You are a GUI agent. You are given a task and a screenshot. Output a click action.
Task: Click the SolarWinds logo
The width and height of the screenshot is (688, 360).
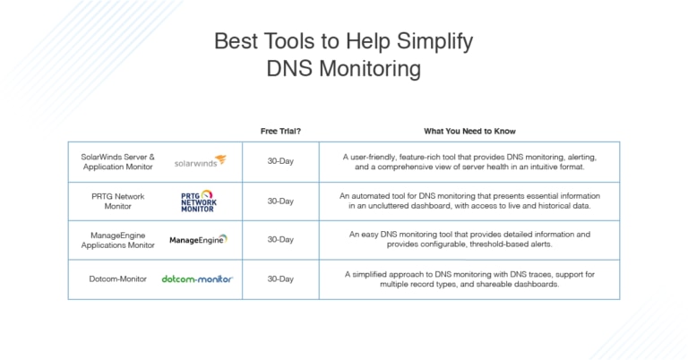click(200, 161)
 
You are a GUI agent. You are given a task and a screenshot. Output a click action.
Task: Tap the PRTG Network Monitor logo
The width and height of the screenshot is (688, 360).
click(198, 201)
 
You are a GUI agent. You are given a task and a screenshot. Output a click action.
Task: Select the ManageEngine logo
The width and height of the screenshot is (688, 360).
click(198, 239)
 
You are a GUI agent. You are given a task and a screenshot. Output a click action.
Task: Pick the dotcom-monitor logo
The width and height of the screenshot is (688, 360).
click(197, 279)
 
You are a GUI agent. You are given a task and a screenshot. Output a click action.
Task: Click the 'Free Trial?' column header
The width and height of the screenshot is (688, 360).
click(280, 131)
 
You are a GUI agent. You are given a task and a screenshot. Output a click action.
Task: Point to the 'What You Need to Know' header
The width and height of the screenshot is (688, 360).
click(469, 131)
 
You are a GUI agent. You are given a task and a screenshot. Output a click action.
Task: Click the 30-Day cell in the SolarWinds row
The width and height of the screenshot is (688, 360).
click(280, 161)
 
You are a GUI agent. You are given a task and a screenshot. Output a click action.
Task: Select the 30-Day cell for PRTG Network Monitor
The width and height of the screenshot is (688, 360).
click(280, 201)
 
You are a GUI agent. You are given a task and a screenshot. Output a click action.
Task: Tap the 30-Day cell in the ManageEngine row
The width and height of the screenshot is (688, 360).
click(280, 239)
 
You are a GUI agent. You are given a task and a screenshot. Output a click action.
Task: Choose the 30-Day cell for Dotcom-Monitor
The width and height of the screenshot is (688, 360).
click(280, 279)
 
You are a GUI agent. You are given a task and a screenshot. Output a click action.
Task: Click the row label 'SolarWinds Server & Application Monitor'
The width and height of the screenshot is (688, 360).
click(117, 161)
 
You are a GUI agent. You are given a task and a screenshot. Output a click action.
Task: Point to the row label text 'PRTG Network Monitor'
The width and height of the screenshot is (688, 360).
click(117, 201)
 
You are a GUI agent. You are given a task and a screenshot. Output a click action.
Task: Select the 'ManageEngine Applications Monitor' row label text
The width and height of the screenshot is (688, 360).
click(117, 239)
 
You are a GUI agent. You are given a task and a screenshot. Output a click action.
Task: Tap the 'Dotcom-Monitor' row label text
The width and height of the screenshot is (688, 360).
click(117, 279)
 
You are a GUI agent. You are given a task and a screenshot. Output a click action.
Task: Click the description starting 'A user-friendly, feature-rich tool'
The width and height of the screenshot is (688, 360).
click(469, 161)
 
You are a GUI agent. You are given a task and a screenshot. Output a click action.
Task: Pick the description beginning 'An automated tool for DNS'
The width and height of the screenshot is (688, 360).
click(469, 201)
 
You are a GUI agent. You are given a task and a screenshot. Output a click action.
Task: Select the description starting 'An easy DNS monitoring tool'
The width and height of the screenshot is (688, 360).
click(469, 239)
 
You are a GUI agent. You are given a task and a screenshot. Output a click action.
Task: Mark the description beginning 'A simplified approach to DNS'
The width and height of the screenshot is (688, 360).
click(469, 279)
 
